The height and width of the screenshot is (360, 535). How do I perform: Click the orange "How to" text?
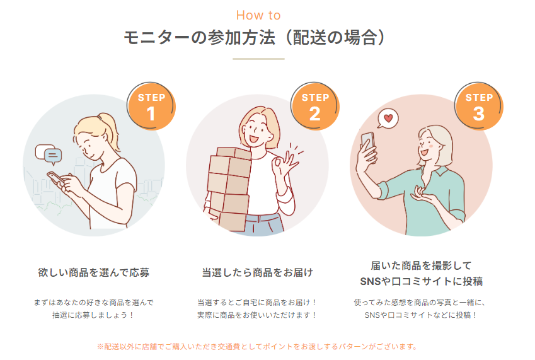point(258,15)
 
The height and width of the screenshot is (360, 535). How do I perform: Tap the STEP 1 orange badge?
point(151,106)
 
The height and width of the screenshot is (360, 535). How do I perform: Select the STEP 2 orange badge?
point(315,106)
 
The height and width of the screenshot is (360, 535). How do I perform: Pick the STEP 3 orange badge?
point(479,106)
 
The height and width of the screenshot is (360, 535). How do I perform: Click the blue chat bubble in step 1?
point(53,156)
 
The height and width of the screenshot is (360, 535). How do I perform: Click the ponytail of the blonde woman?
point(109,130)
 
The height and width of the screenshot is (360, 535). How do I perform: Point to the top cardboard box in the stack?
point(234,153)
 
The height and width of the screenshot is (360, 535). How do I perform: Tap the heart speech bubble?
point(388,119)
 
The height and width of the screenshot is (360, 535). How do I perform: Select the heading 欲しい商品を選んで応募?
point(94,272)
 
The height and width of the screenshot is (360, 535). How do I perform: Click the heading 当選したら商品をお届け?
point(258,272)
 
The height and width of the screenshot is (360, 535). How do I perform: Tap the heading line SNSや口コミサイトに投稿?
point(422,281)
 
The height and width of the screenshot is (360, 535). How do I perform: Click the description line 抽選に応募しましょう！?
point(93,315)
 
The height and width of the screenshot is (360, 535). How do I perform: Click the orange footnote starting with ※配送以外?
point(257,347)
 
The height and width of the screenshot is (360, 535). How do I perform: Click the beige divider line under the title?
point(258,59)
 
